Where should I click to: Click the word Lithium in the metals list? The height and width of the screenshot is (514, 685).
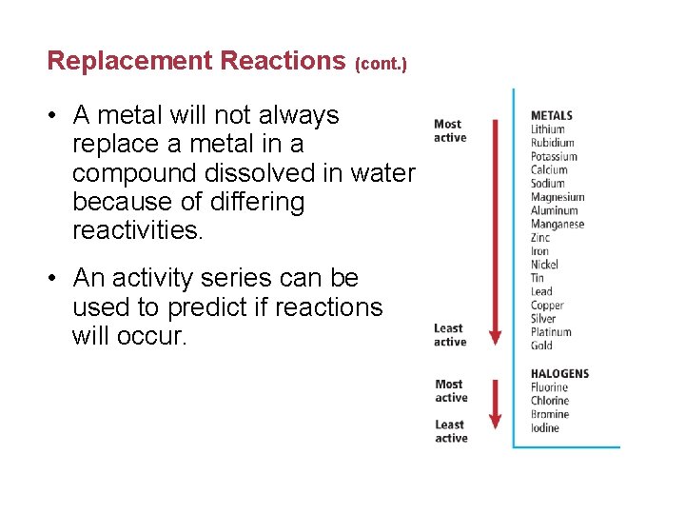point(547,129)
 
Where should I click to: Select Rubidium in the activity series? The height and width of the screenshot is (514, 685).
point(552,143)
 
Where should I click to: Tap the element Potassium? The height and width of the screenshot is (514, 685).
point(554,156)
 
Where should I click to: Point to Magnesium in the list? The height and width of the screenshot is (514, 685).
point(558,197)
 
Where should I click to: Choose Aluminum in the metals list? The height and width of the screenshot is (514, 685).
point(554,210)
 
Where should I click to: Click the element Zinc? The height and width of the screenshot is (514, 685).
point(540,238)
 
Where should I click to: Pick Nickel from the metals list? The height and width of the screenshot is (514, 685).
point(544,265)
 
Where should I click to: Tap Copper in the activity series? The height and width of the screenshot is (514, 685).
point(547,306)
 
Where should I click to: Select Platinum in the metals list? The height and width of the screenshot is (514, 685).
point(551,332)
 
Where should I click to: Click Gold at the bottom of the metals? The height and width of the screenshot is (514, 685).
point(541,346)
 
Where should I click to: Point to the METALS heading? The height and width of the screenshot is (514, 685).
point(552,115)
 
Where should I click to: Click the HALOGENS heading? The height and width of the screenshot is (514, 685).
point(559,373)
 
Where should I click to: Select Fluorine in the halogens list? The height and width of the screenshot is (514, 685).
point(549,387)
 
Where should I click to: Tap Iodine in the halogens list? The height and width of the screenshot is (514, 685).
point(545,427)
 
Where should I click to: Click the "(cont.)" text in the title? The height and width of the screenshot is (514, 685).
point(381,65)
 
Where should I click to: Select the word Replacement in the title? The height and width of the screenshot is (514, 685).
point(129,61)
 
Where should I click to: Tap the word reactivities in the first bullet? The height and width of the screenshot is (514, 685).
point(138,230)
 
